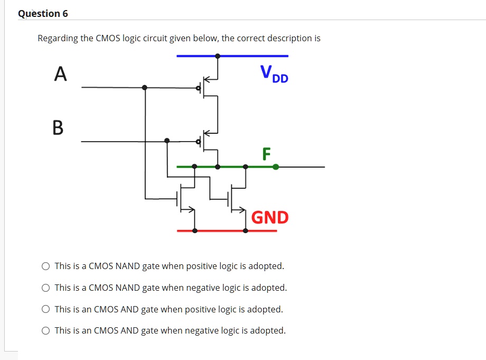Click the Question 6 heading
click(43, 13)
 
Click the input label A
click(61, 74)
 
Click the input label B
click(58, 127)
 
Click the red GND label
click(270, 217)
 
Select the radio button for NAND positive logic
click(46, 266)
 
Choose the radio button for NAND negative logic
click(46, 288)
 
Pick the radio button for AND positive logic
click(46, 310)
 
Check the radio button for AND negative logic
click(46, 331)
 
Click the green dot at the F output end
click(276, 167)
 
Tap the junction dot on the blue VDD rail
click(218, 56)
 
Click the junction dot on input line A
click(145, 87)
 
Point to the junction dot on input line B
click(167, 141)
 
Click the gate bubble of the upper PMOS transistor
click(199, 88)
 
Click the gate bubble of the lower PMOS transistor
click(199, 141)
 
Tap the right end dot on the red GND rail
click(246, 230)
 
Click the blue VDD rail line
click(254, 56)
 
